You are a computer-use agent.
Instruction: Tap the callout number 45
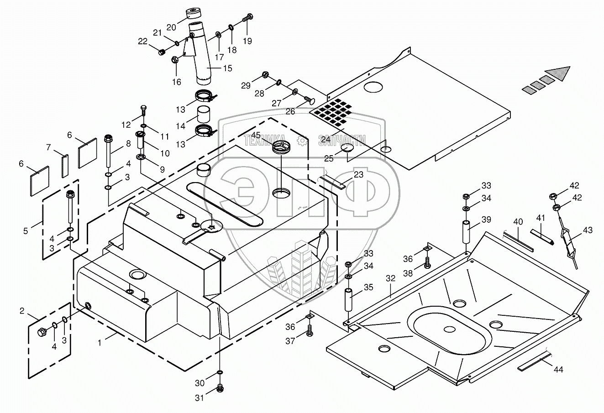[256, 135]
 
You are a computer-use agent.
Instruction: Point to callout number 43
[588, 230]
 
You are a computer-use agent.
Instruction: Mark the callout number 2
[21, 311]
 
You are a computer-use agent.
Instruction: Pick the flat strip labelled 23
[335, 182]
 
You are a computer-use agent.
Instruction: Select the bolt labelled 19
[248, 18]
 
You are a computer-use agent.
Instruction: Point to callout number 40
[518, 222]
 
